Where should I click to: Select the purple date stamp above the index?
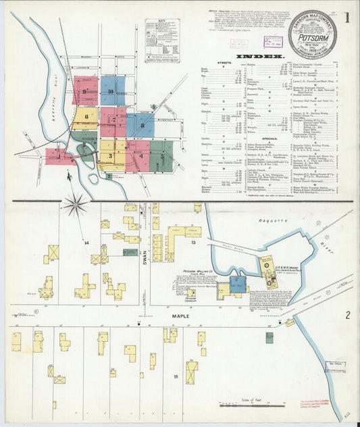(x=273, y=41)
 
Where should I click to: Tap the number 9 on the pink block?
(x=85, y=91)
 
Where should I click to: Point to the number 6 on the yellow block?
(x=86, y=116)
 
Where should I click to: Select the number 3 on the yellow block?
(x=109, y=156)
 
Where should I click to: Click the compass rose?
(x=76, y=204)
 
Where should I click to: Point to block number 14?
(x=86, y=242)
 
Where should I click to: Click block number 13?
(x=192, y=241)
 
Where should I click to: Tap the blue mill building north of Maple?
(x=237, y=284)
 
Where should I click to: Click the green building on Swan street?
(x=130, y=252)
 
